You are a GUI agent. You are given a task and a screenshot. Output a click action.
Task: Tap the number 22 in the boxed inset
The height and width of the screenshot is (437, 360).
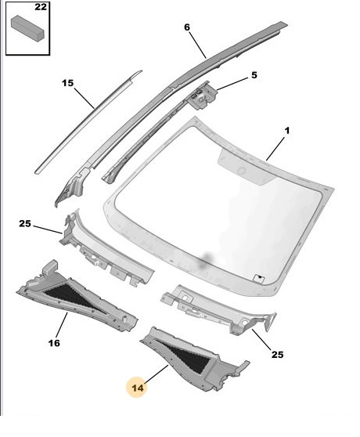click(41, 7)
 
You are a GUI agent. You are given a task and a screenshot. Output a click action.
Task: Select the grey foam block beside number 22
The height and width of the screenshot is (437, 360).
click(27, 28)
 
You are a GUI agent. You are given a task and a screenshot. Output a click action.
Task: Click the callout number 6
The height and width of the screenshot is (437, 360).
click(187, 27)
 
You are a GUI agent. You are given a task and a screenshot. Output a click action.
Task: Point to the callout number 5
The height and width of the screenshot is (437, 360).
click(254, 75)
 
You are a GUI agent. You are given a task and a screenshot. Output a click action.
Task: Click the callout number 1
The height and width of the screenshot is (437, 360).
click(287, 131)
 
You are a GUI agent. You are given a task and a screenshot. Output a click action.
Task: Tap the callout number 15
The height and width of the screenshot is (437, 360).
click(67, 83)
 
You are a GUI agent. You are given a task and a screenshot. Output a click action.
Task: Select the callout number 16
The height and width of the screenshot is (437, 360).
click(54, 343)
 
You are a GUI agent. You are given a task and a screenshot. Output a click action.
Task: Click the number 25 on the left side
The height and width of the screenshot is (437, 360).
click(25, 223)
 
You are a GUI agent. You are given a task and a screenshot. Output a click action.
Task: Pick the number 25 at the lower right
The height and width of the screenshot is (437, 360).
click(277, 355)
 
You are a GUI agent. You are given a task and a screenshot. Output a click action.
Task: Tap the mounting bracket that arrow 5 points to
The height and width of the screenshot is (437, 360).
click(203, 96)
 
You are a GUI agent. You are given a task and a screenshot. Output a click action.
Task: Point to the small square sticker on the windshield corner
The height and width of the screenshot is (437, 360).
click(259, 277)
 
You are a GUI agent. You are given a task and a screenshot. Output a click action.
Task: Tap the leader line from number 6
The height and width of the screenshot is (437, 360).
click(198, 45)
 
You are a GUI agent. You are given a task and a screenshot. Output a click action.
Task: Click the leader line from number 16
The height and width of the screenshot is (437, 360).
click(62, 325)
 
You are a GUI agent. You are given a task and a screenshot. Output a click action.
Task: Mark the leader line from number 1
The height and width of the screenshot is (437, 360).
click(275, 149)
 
